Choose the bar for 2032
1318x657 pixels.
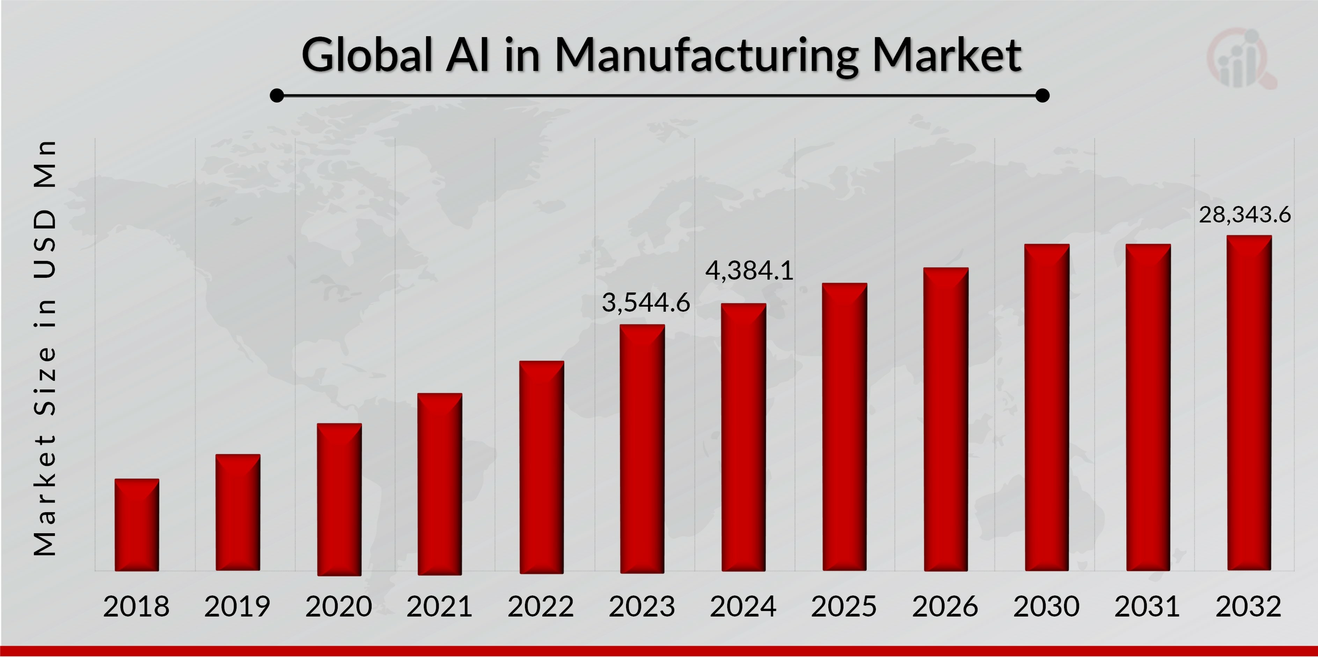point(1249,403)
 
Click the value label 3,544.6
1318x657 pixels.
point(646,302)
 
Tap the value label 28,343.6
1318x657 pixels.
point(1245,214)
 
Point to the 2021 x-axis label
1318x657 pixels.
point(439,606)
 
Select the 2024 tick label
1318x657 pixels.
point(743,606)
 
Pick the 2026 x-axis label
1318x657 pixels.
point(945,606)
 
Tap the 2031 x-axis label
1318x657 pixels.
point(1147,606)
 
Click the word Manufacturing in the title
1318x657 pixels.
point(706,55)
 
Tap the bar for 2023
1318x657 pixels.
point(642,449)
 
